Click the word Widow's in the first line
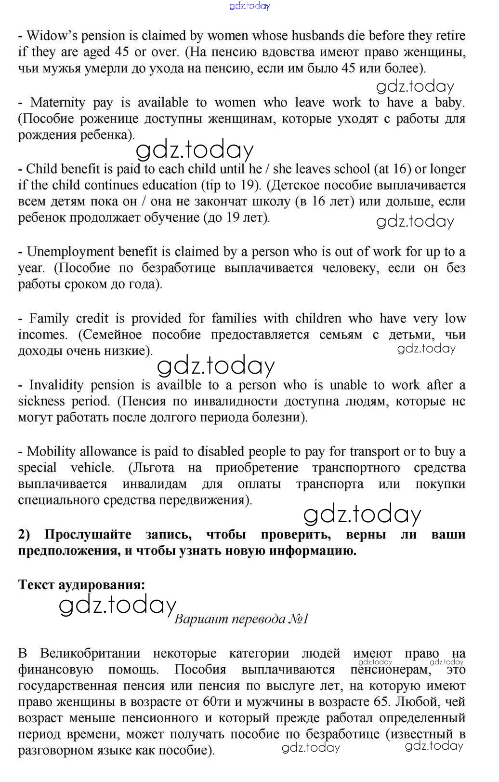click(49, 36)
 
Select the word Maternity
click(57, 102)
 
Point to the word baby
click(451, 102)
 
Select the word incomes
click(42, 335)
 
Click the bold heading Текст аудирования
click(81, 584)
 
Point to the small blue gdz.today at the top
click(250, 6)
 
